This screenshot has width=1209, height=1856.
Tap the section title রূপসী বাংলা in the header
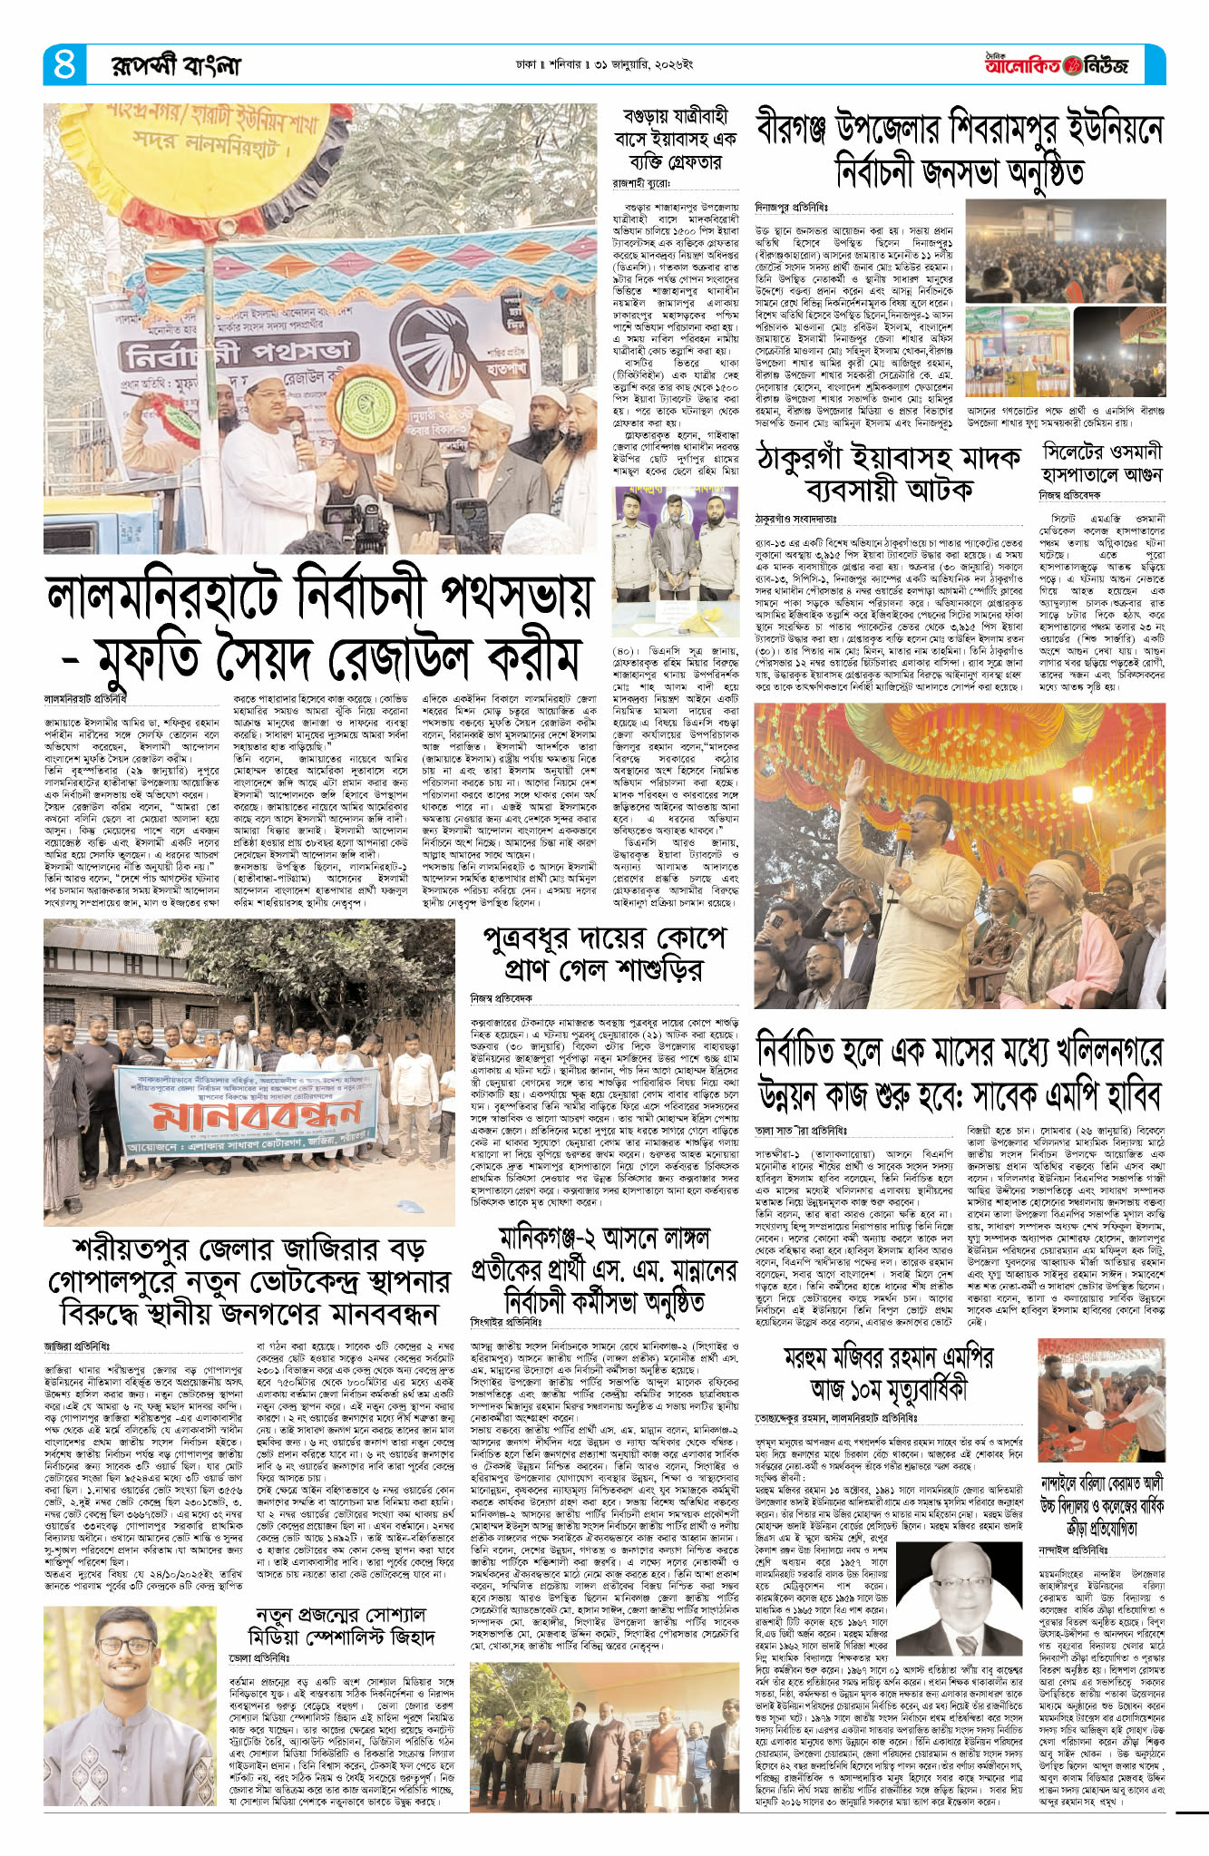[x=176, y=65]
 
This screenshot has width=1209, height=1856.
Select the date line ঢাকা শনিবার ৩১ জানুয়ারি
[x=604, y=65]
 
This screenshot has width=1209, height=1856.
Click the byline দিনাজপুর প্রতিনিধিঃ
[x=791, y=208]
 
